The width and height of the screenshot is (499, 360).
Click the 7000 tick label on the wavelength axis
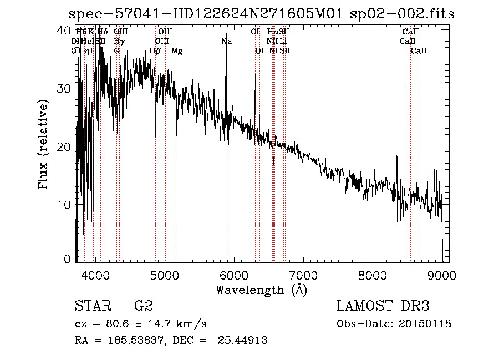[303, 274]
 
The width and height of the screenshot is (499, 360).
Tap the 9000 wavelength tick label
[442, 274]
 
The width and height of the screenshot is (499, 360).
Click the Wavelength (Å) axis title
[261, 290]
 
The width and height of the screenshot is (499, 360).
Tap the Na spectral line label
[226, 42]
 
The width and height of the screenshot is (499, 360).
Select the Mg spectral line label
[177, 51]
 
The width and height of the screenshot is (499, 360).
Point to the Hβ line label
[155, 51]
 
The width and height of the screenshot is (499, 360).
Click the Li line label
[283, 42]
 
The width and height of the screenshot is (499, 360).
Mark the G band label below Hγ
[116, 51]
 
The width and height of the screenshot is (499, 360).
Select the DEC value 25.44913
[245, 341]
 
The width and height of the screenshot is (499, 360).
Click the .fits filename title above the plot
[261, 14]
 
